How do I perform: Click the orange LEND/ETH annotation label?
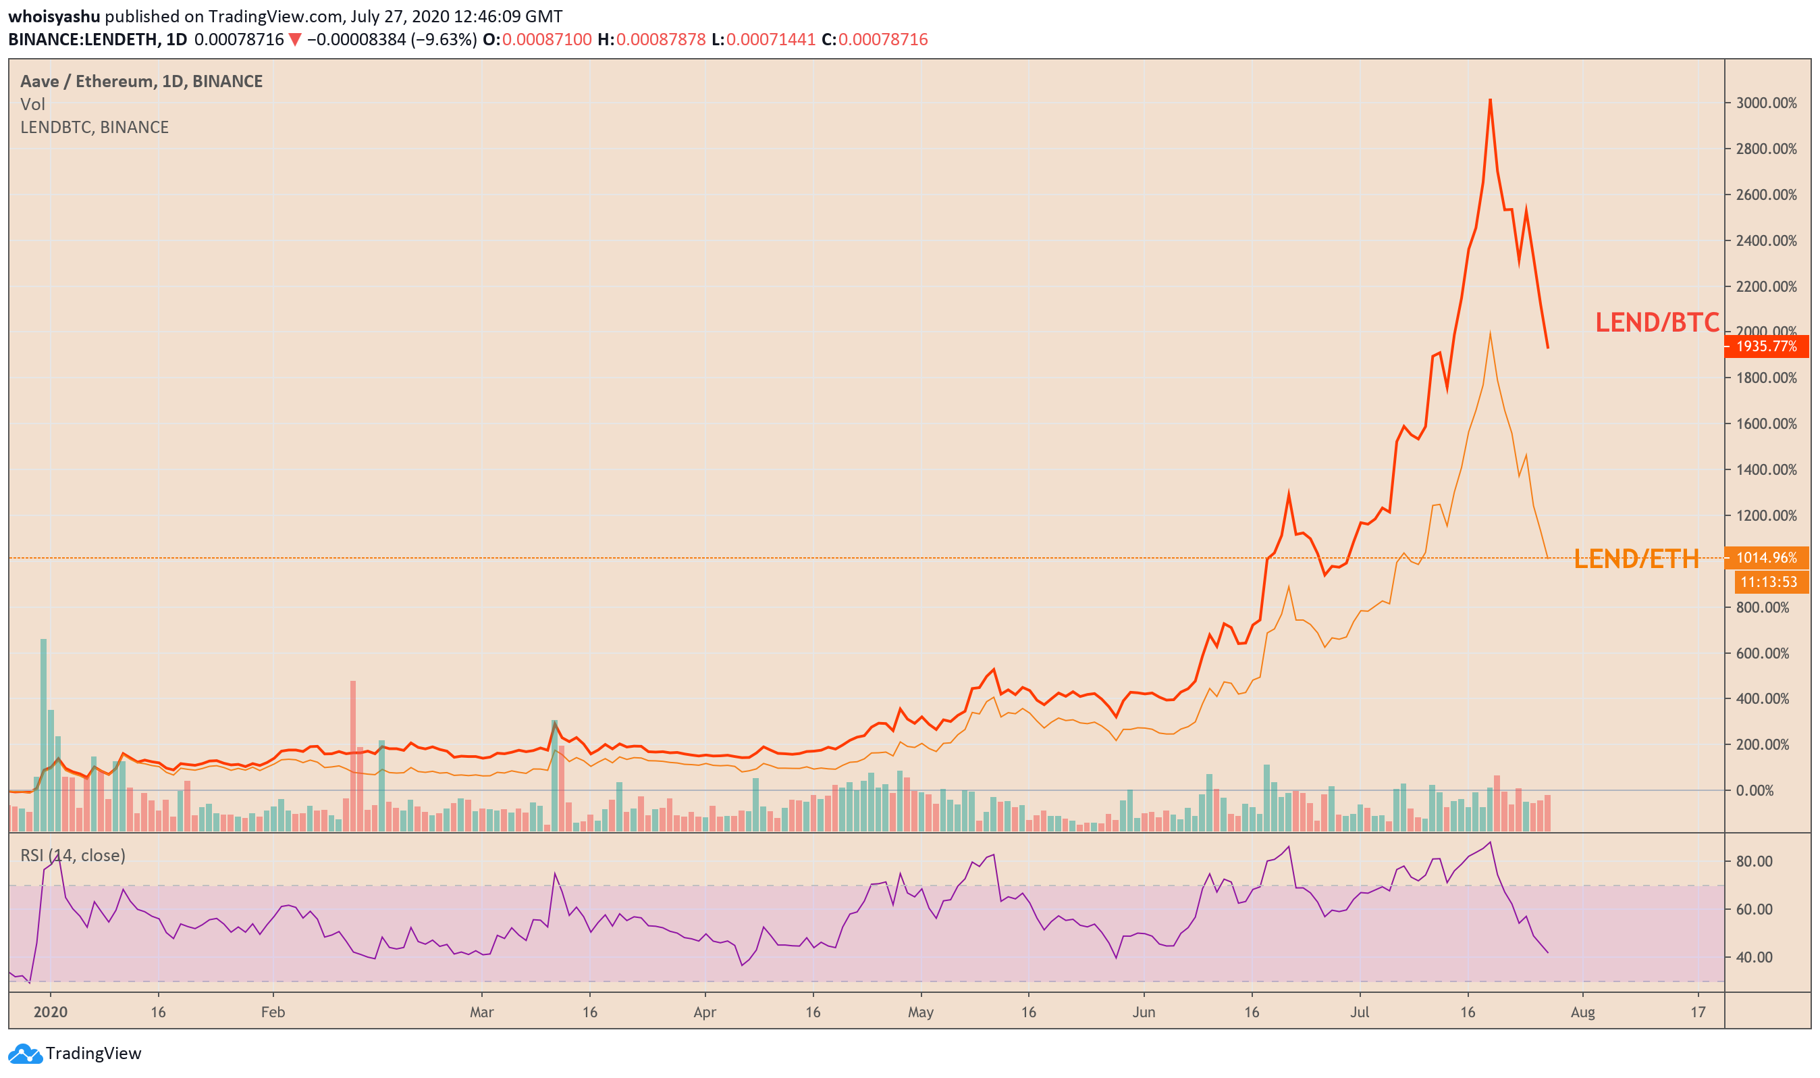(1636, 559)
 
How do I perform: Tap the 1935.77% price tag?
(1766, 346)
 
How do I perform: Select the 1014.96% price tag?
(1766, 558)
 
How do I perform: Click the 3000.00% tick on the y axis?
(1766, 103)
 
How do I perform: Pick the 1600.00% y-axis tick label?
(1766, 423)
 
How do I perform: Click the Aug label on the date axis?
(1582, 1012)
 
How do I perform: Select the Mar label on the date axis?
(481, 1012)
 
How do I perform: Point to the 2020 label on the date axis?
(51, 1012)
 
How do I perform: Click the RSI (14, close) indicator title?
(73, 856)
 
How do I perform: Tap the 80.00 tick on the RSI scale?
(1755, 862)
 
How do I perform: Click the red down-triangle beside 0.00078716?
(295, 39)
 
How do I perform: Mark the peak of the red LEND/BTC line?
(1490, 99)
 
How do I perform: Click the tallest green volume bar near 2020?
(44, 735)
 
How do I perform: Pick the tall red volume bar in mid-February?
(353, 756)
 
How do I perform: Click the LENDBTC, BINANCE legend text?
(95, 128)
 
